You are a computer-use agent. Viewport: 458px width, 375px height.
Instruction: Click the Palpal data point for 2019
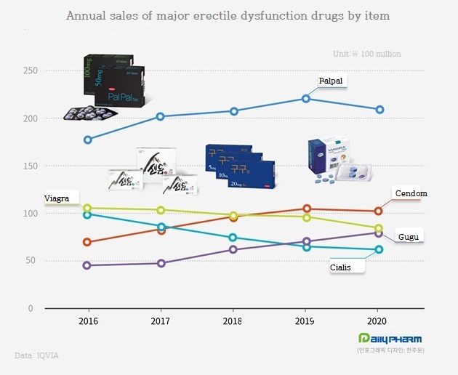(306, 99)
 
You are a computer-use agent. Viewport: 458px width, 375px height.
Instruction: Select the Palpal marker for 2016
(88, 140)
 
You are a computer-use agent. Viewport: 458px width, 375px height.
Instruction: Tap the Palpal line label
(330, 81)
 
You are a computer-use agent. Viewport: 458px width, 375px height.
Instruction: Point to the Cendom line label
(410, 193)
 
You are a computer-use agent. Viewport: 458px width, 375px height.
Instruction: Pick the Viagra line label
(57, 198)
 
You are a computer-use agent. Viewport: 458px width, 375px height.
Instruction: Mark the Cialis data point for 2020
(379, 249)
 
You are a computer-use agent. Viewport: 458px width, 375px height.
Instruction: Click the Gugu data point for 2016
(88, 265)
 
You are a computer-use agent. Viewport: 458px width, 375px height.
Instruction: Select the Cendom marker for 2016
(88, 242)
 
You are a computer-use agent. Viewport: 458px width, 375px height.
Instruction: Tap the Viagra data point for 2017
(161, 210)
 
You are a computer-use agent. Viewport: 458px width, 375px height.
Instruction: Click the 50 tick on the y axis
(31, 260)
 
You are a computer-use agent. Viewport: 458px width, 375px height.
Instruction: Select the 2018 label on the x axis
(233, 320)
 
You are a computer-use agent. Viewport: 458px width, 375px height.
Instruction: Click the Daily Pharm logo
(390, 339)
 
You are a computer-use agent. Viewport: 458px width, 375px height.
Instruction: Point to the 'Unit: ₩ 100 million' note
(366, 54)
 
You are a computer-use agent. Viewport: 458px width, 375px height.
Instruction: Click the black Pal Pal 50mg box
(119, 87)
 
